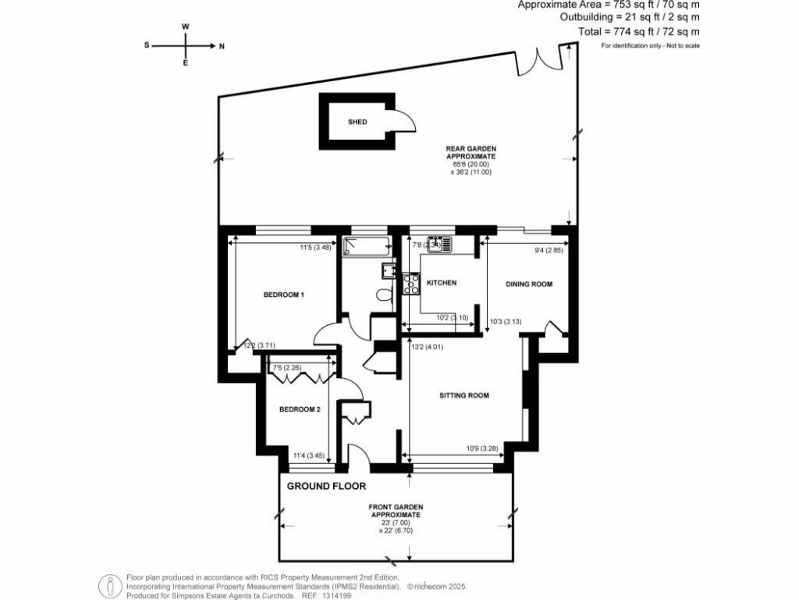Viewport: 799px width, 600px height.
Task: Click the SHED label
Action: click(358, 122)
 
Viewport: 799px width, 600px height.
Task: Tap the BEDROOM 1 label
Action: click(283, 295)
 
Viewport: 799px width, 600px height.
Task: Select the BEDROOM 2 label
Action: click(300, 409)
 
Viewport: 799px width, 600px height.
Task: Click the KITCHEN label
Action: click(441, 283)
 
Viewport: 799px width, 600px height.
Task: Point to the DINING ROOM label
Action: click(529, 284)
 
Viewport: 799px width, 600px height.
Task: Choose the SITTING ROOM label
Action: click(464, 395)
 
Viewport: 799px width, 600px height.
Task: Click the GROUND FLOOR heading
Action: click(326, 486)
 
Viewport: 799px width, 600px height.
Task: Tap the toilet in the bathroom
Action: click(383, 295)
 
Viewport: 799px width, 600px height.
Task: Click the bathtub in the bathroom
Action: click(365, 248)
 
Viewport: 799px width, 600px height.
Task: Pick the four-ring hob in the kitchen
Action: click(410, 283)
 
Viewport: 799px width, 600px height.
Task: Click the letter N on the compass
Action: click(222, 46)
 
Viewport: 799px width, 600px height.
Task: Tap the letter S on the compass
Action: click(147, 46)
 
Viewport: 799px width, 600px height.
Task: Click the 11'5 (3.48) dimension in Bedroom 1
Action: click(311, 248)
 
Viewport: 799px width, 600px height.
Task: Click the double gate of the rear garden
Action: click(543, 61)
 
